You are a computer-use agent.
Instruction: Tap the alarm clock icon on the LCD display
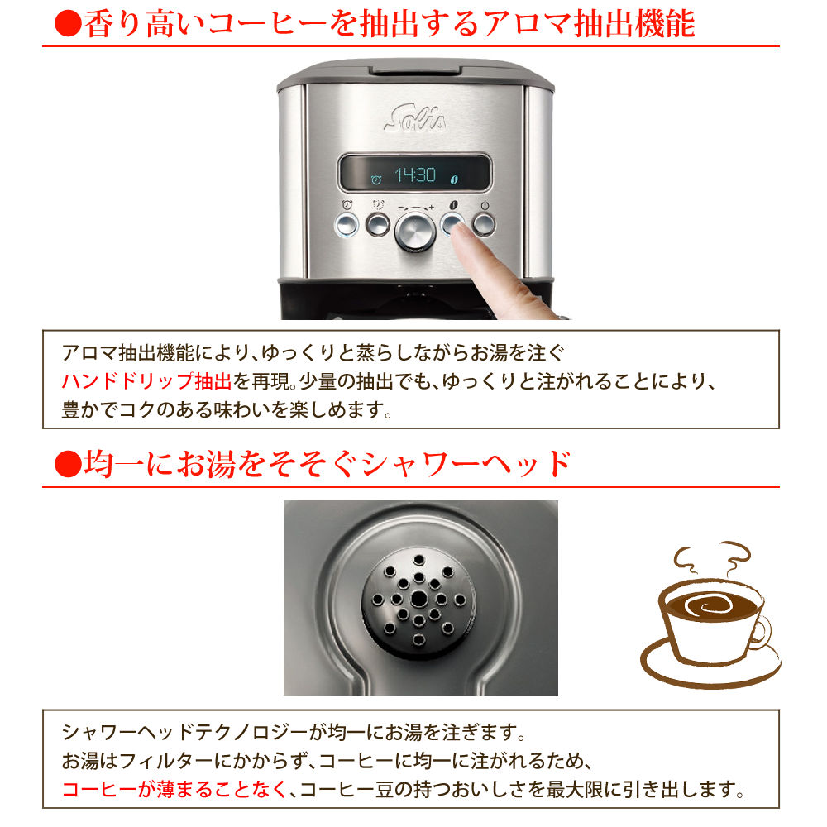click(376, 178)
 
